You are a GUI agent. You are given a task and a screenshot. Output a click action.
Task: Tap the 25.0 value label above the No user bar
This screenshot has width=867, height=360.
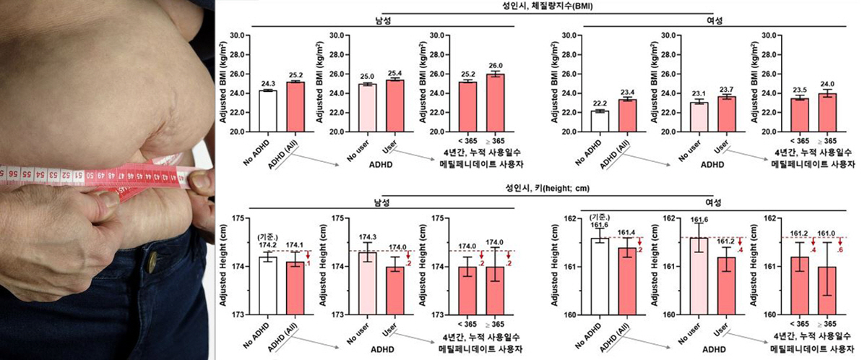click(368, 77)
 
